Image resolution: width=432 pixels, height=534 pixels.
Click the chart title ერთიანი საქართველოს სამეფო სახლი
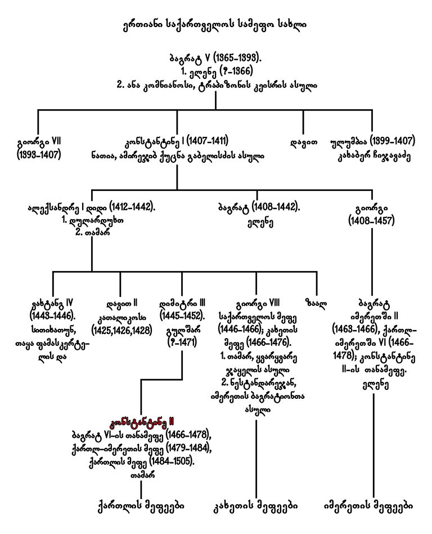point(215,26)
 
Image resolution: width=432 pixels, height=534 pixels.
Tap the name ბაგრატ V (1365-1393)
point(215,59)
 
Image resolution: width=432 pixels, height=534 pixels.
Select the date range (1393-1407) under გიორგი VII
point(38,154)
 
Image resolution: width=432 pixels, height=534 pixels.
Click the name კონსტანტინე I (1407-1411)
point(177,141)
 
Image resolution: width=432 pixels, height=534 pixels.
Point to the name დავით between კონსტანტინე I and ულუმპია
point(304,141)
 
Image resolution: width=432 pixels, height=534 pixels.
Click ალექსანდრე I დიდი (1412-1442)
point(91,207)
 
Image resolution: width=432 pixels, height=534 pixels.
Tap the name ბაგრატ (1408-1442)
point(256,207)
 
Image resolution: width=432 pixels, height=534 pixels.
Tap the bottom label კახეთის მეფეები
point(256,502)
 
